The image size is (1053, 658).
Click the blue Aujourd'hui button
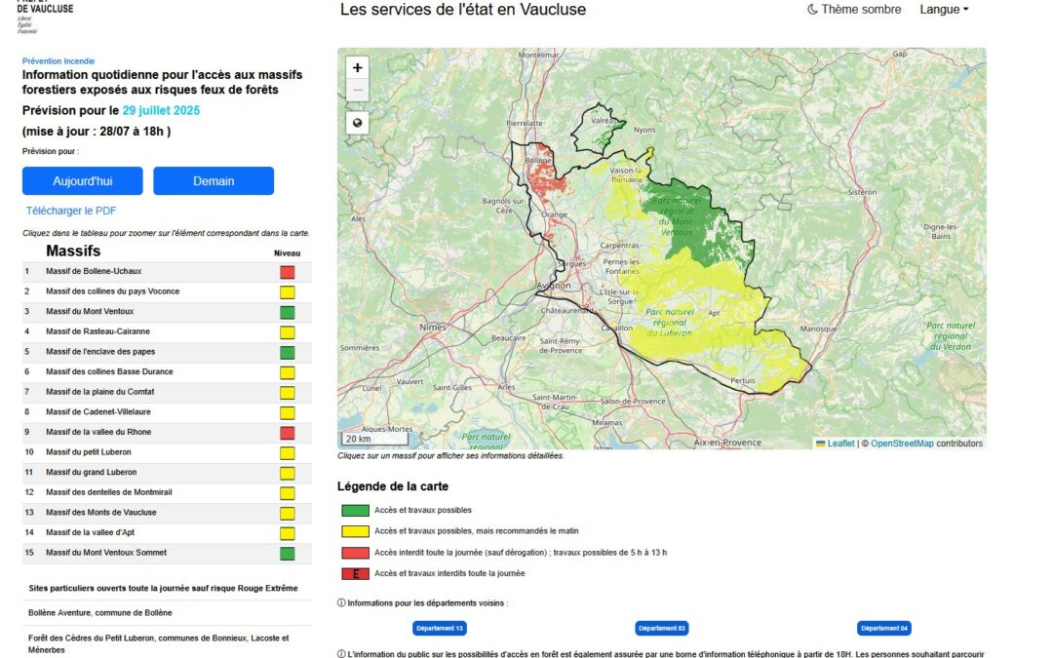click(83, 181)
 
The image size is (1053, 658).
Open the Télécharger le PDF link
click(71, 211)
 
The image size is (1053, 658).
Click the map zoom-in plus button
click(358, 68)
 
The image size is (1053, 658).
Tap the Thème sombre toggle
click(854, 10)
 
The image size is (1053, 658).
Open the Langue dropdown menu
click(944, 10)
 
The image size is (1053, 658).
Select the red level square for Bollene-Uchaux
click(287, 272)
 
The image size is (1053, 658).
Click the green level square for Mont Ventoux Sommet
click(287, 554)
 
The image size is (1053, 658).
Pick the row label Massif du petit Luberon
click(89, 452)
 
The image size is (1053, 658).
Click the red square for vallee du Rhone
click(287, 433)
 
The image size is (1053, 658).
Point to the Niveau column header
click(287, 253)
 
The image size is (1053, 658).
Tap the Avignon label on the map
click(554, 286)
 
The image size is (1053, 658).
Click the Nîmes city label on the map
click(431, 328)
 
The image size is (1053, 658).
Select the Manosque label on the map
click(818, 329)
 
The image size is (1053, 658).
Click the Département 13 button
click(440, 629)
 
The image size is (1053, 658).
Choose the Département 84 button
click(884, 629)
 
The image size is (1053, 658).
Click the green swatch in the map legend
click(355, 510)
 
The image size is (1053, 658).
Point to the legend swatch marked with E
click(355, 574)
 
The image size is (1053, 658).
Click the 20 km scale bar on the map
click(360, 439)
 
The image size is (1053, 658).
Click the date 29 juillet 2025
click(161, 111)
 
